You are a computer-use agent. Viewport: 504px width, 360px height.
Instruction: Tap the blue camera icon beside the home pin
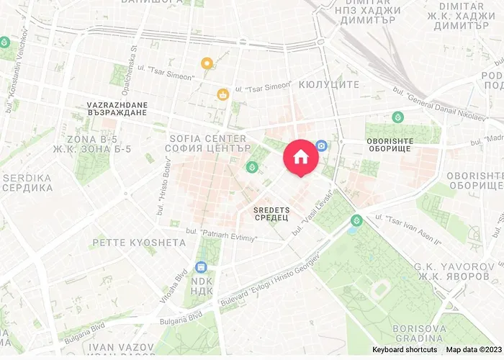click(321, 145)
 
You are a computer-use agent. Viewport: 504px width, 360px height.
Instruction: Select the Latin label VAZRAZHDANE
click(117, 105)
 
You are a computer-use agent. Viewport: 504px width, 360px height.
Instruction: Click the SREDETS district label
click(271, 209)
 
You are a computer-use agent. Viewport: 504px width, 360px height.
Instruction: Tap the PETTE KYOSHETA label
click(139, 243)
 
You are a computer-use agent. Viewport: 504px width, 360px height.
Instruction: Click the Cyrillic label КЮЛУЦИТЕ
click(328, 84)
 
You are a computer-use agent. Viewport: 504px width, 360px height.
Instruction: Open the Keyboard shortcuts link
click(404, 350)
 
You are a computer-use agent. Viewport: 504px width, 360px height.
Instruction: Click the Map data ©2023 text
click(472, 350)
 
